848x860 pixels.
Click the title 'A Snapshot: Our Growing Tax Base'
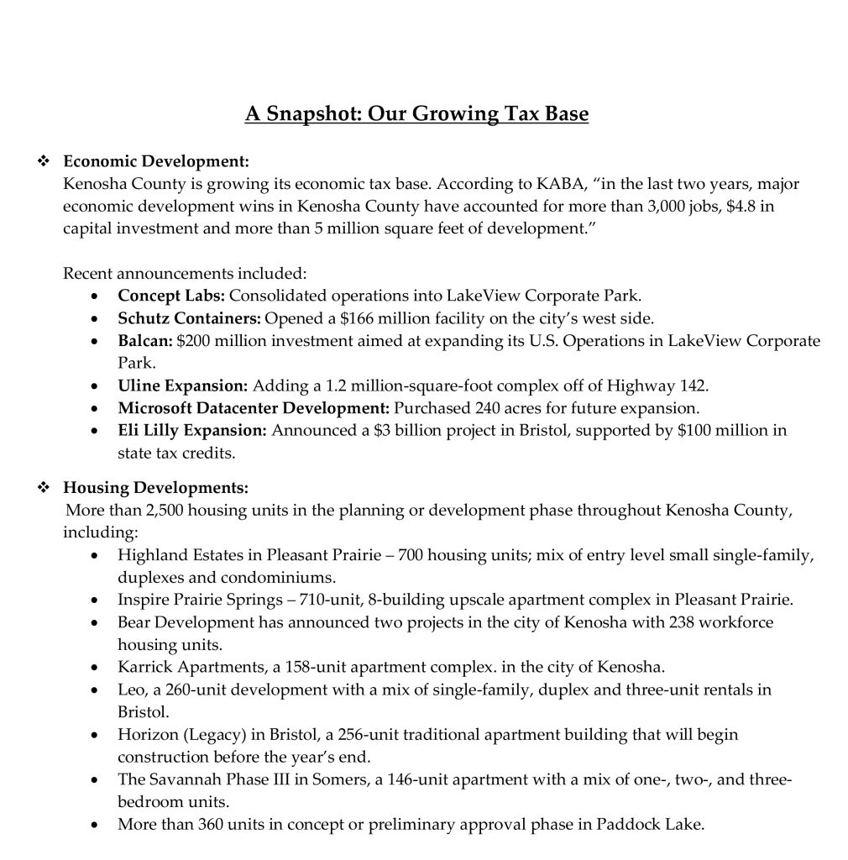coord(416,113)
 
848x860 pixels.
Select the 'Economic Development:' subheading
coord(156,161)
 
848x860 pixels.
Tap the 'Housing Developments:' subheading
coord(156,487)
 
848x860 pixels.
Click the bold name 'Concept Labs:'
coord(171,296)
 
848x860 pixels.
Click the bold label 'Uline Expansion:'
coord(182,386)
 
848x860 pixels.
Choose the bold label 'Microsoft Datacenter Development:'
coord(254,409)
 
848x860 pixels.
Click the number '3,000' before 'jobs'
coord(677,206)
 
